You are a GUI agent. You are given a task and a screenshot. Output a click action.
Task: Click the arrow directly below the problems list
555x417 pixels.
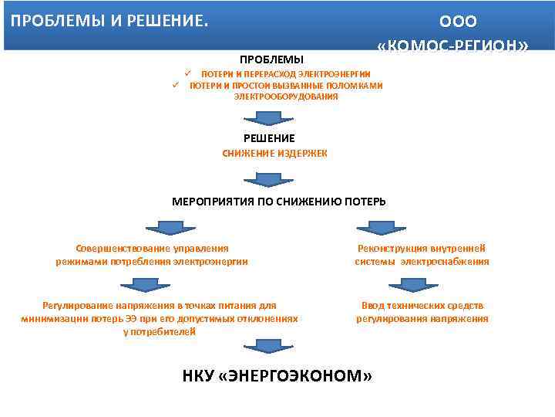pos(264,117)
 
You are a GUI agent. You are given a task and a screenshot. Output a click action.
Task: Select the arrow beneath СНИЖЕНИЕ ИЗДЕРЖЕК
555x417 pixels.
pos(264,179)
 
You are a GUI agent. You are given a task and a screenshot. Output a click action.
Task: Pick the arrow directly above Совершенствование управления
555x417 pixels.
pos(163,227)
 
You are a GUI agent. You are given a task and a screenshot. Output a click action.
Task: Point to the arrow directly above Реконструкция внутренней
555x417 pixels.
pos(376,227)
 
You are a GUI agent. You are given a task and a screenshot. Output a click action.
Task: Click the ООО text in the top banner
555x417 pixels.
pos(458,21)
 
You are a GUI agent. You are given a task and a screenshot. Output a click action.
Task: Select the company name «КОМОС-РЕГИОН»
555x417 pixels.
pos(453,46)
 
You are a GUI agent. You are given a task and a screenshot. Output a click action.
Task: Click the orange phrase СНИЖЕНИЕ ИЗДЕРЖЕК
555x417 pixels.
pos(274,153)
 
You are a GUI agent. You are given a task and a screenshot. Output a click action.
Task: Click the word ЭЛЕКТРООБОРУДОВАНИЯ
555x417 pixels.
pos(286,97)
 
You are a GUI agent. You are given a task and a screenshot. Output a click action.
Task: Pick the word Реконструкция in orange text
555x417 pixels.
pos(392,249)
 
